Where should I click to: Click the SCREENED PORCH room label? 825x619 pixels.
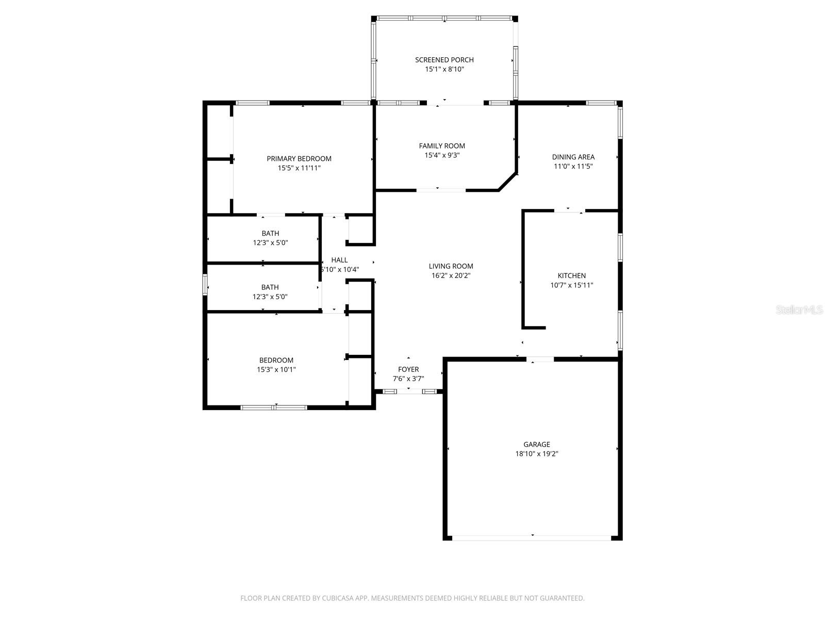point(444,60)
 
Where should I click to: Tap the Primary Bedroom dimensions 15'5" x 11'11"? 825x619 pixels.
point(299,168)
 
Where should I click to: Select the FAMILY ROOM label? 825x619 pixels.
point(441,146)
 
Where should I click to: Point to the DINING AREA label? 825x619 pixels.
point(573,157)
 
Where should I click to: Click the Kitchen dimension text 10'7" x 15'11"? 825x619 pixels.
point(571,285)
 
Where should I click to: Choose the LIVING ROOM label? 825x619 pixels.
point(451,266)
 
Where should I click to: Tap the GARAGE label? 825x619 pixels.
point(536,444)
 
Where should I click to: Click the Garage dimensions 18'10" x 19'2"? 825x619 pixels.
point(536,453)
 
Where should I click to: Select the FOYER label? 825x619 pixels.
point(408,369)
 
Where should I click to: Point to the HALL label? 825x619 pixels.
point(339,260)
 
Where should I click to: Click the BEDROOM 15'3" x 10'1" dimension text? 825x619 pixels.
point(276,370)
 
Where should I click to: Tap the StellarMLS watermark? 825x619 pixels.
point(799,309)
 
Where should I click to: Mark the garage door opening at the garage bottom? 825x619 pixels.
point(532,538)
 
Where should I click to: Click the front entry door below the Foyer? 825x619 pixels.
point(409,392)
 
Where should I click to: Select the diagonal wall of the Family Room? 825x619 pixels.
point(508,182)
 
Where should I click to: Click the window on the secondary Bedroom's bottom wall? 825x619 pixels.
point(274,408)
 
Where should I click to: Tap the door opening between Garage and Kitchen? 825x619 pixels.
point(540,360)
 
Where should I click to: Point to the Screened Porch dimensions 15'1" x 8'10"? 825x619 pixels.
point(444,69)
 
